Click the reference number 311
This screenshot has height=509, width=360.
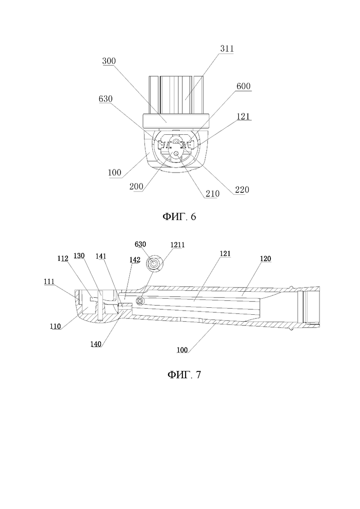227,49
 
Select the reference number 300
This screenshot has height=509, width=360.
109,61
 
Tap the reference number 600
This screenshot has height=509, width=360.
244,86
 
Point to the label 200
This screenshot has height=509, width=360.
136,186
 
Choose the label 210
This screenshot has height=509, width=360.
212,194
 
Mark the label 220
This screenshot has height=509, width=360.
242,190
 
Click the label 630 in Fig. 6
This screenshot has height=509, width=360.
106,99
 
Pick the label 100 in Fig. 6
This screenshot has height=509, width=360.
114,172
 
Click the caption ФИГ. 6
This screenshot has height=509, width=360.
179,216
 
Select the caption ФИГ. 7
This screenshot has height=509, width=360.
184,375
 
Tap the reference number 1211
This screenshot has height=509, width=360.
178,245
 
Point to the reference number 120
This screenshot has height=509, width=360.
265,259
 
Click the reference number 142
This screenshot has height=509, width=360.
135,260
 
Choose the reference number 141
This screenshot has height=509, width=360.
101,256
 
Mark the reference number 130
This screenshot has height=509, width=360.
79,256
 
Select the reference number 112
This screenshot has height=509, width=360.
63,258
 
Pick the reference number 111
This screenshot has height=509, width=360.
49,282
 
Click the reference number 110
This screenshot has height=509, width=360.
55,327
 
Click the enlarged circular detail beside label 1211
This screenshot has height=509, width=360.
154,263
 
